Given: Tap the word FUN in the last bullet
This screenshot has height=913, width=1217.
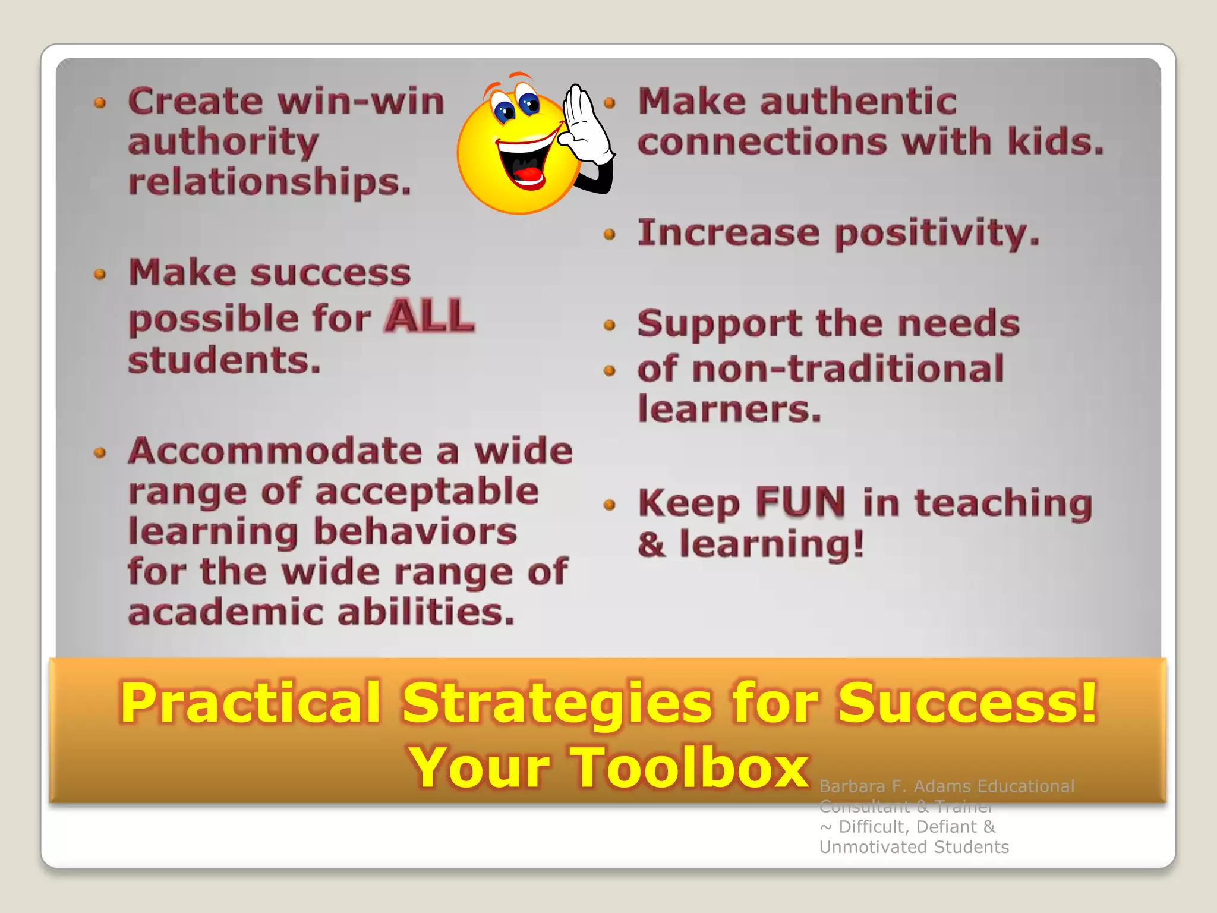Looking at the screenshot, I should (x=800, y=502).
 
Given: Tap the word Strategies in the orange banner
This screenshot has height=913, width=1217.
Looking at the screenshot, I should (x=556, y=703).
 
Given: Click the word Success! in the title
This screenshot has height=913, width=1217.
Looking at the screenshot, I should (x=967, y=703).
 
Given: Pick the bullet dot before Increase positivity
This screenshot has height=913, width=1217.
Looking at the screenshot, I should (x=609, y=234).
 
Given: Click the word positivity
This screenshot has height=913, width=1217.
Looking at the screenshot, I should (x=937, y=233).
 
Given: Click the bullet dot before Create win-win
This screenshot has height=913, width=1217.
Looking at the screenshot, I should (x=100, y=103).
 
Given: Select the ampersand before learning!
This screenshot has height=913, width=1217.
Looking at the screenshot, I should (x=651, y=544).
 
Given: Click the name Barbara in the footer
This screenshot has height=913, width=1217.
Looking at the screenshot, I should (x=852, y=786).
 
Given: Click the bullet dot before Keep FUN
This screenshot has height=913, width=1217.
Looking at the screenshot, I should (x=609, y=505).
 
